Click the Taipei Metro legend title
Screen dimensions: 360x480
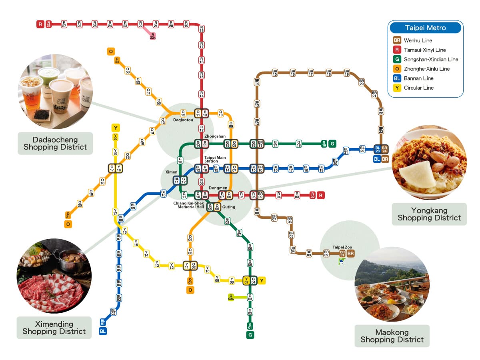click(x=425, y=28)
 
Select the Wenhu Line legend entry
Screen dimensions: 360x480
click(x=418, y=40)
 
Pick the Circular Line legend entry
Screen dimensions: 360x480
click(x=418, y=88)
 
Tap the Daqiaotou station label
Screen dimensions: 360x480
click(x=183, y=120)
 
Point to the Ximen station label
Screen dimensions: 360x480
click(x=171, y=172)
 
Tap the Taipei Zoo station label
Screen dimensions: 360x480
click(x=342, y=248)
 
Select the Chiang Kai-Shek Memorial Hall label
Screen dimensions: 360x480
click(x=188, y=205)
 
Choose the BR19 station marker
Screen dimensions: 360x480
click(x=346, y=73)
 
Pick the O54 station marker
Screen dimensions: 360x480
click(x=117, y=60)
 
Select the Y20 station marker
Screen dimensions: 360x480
click(x=115, y=137)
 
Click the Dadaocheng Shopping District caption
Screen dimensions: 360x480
click(x=55, y=143)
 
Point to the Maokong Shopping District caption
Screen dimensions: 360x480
click(x=392, y=336)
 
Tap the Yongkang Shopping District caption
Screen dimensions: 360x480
click(x=429, y=214)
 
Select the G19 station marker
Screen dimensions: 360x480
click(x=324, y=144)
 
